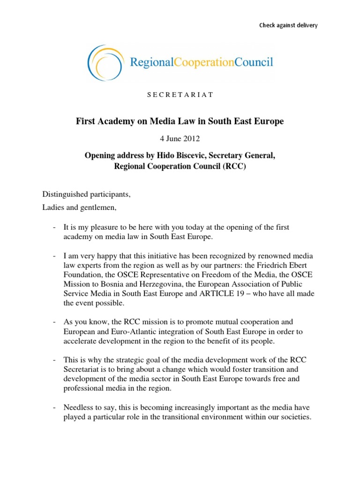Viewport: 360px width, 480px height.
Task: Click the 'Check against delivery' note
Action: click(288, 25)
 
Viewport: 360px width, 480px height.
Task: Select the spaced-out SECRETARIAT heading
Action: click(180, 95)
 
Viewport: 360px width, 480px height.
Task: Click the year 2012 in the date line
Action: click(192, 139)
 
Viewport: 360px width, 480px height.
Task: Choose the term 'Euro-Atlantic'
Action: click(130, 332)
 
